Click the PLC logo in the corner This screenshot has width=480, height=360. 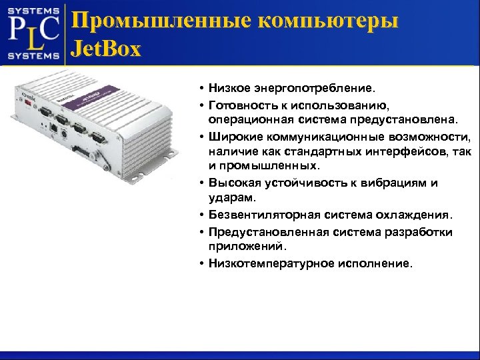[33, 33]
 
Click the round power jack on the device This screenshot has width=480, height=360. [63, 134]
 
